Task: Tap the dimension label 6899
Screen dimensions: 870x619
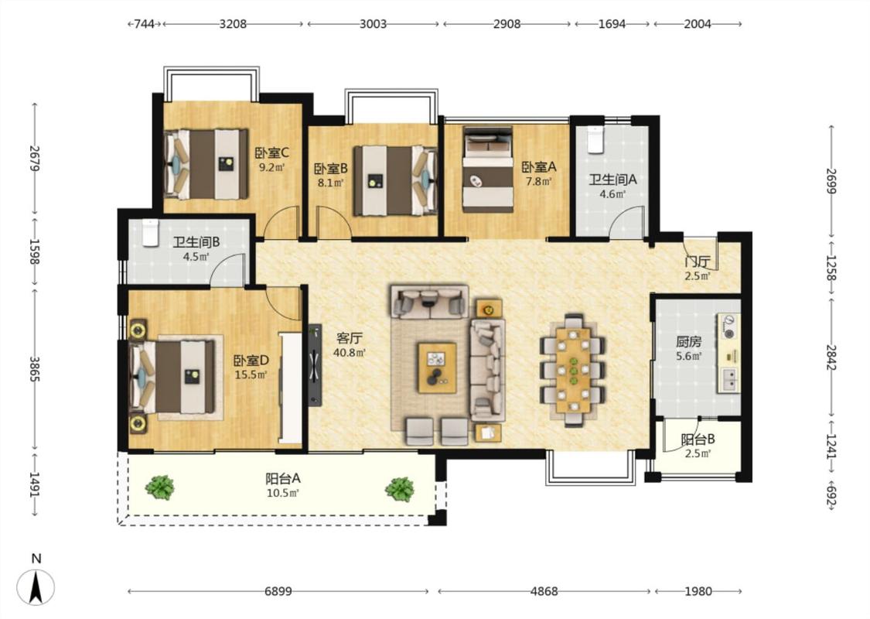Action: pos(278,591)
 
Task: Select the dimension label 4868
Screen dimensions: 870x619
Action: pos(544,591)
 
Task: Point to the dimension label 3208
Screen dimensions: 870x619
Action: pos(233,24)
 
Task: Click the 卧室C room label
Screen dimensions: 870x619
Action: pos(272,152)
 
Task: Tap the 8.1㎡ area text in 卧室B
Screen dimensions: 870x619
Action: pos(331,183)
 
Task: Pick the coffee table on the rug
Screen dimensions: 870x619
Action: pos(437,368)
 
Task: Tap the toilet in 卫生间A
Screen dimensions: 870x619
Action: pos(595,140)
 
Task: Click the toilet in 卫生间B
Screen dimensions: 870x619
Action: pos(150,233)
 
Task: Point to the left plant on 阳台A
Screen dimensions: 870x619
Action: pos(160,487)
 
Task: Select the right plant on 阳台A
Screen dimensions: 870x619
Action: pos(400,489)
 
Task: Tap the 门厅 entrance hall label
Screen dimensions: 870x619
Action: pos(698,262)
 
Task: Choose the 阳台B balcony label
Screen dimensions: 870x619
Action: pos(698,439)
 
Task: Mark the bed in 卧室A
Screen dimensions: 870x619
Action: pos(488,169)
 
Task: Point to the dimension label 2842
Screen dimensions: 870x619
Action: pos(831,358)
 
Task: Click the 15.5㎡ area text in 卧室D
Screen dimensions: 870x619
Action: pos(251,374)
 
